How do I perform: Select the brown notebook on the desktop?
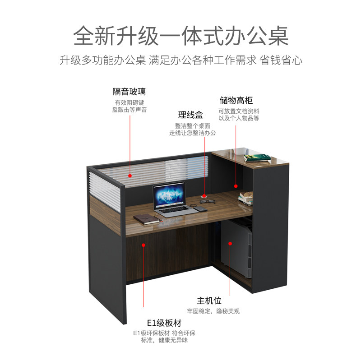click(x=145, y=219)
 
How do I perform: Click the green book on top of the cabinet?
click(x=257, y=157)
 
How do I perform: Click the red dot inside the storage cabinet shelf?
click(x=236, y=185)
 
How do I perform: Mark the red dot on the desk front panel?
click(x=143, y=245)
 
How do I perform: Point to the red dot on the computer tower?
click(x=230, y=243)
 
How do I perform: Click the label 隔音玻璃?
click(x=130, y=92)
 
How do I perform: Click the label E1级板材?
click(x=164, y=323)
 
